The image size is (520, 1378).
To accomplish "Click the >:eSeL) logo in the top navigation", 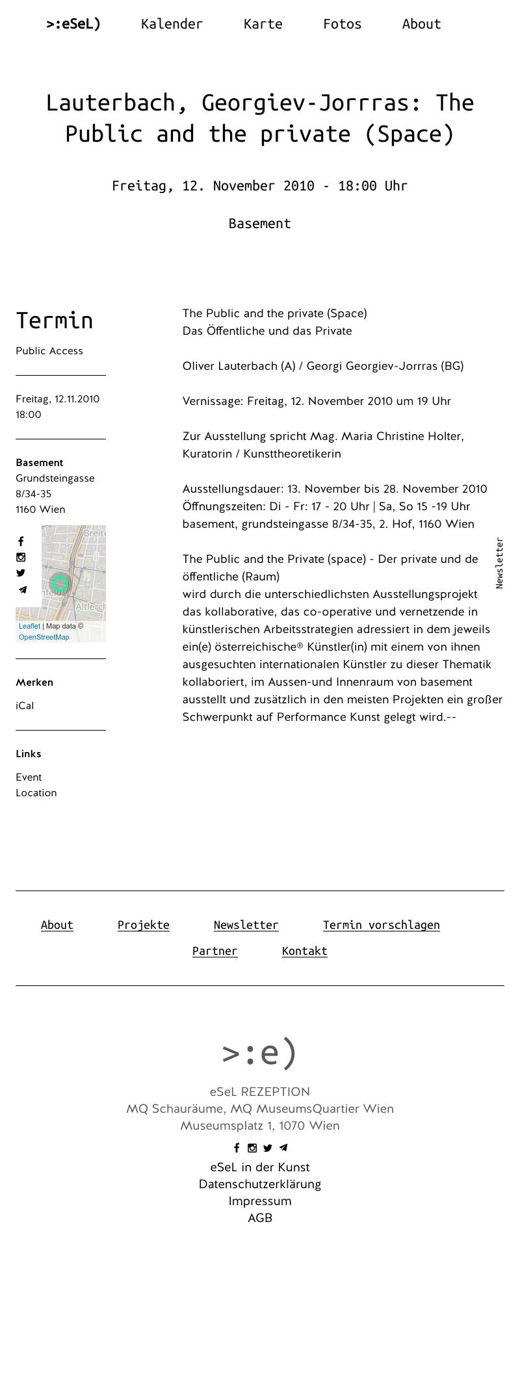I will click(x=73, y=24).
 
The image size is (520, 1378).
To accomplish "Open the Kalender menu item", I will click(x=172, y=24).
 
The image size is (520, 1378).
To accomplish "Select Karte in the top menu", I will click(x=263, y=24).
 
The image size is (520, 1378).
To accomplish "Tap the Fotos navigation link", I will click(x=342, y=24).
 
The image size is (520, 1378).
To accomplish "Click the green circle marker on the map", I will click(x=60, y=583).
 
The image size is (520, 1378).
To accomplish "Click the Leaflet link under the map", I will click(x=29, y=626).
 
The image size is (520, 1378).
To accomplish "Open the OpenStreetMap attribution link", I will click(x=44, y=637).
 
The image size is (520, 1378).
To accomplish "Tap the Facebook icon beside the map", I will click(x=21, y=541).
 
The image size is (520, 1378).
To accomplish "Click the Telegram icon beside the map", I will click(x=22, y=590).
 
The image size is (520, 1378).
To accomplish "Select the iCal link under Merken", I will click(x=25, y=706).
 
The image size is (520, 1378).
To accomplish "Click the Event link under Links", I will click(x=29, y=777).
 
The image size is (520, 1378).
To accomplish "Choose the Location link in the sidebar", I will click(x=36, y=793).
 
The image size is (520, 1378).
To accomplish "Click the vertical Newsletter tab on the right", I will click(x=499, y=563).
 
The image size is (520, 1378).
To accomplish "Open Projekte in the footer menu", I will click(x=144, y=925).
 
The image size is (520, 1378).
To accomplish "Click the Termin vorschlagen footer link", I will click(x=381, y=925).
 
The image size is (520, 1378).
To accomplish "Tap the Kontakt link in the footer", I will click(x=304, y=951).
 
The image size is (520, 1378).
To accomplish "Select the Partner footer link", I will click(x=214, y=951).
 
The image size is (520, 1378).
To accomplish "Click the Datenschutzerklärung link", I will click(x=260, y=1184).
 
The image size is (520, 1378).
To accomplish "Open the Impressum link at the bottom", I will click(x=260, y=1201).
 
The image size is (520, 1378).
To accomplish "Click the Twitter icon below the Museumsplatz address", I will click(x=267, y=1148).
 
